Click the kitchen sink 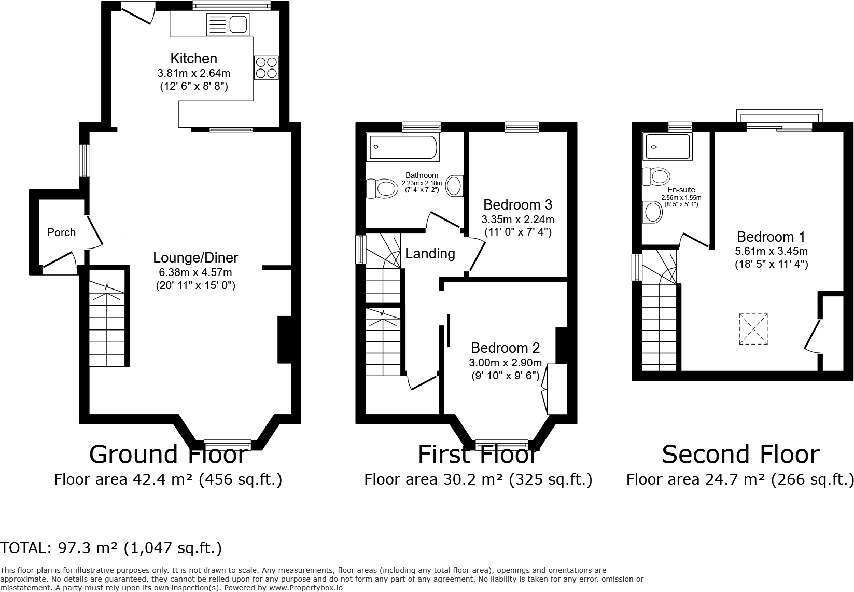click(228, 25)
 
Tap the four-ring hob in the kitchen click(266, 67)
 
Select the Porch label click(61, 232)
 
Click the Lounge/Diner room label click(195, 258)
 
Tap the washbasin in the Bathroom click(454, 186)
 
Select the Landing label click(430, 254)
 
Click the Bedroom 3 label click(517, 205)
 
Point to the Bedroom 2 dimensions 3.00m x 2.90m click(505, 362)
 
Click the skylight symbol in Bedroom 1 click(753, 329)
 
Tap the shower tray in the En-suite click(667, 146)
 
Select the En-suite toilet click(656, 176)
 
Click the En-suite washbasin click(652, 212)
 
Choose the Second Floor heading click(740, 455)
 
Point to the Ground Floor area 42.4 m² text click(168, 479)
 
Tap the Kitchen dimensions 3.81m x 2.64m click(194, 73)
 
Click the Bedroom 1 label click(771, 237)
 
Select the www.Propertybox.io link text click(306, 588)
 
